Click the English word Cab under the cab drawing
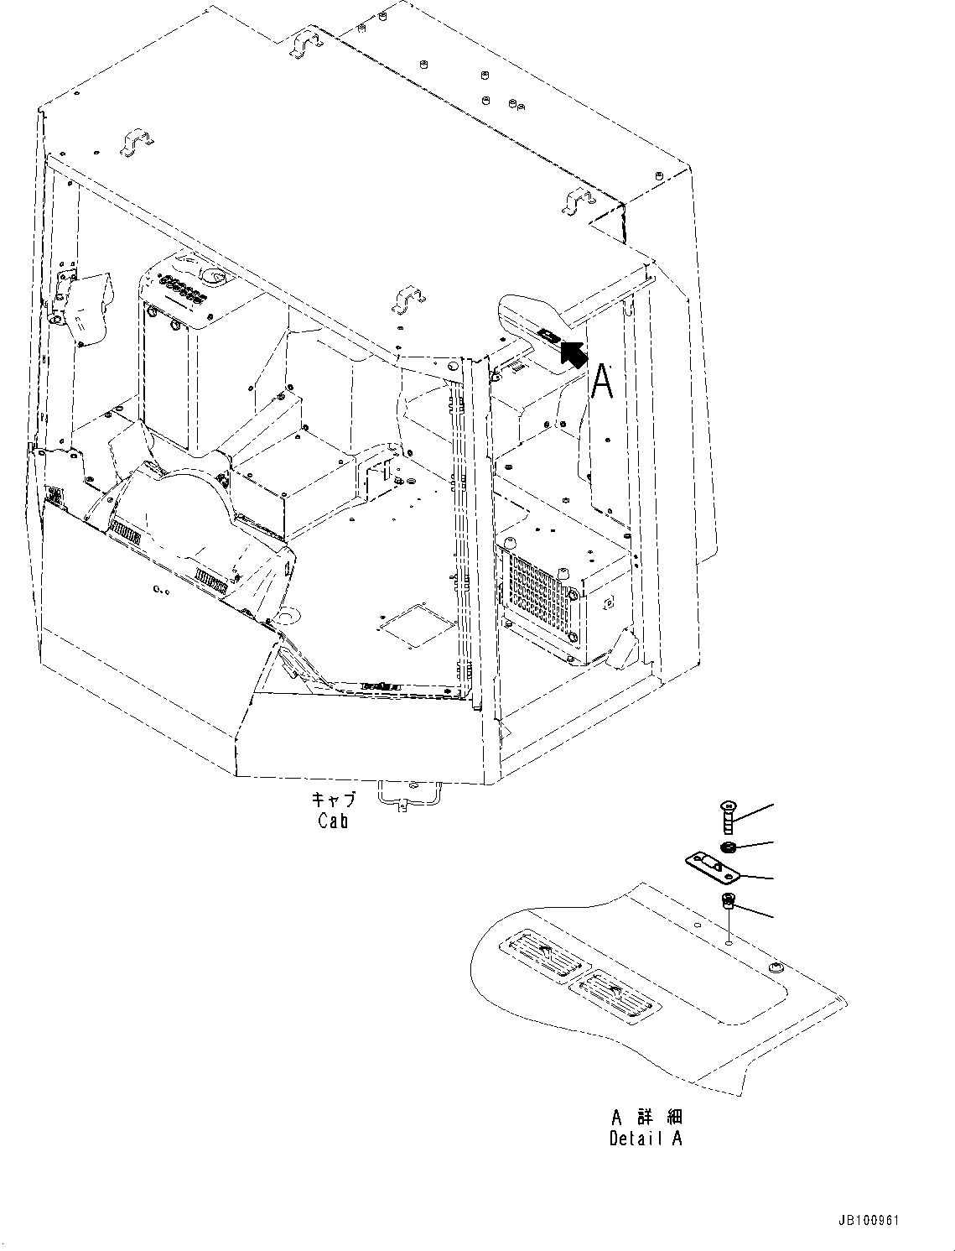(333, 821)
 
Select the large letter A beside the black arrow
(602, 383)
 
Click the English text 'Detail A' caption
(646, 1139)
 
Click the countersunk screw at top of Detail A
(728, 816)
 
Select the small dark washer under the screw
(729, 846)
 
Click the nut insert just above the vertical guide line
(728, 903)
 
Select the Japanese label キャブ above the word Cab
(333, 800)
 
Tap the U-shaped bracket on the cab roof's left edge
(137, 143)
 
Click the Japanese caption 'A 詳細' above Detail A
(646, 1117)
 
